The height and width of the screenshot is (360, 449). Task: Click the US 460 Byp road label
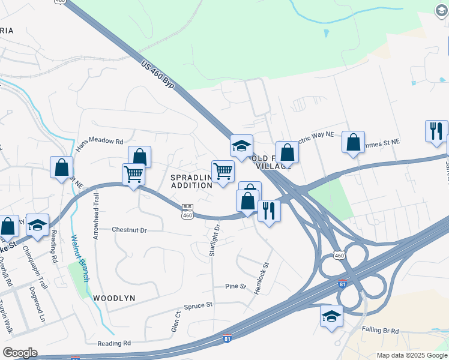point(158,74)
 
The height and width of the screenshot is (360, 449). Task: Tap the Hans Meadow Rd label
point(99,142)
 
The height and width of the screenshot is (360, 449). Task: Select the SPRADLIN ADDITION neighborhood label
point(191,182)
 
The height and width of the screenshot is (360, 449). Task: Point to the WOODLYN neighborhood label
point(114,298)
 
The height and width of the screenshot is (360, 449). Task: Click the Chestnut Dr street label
point(130,229)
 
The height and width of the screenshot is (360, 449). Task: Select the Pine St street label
point(236,286)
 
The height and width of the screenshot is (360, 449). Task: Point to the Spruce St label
point(199,305)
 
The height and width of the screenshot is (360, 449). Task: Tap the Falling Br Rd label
point(381,330)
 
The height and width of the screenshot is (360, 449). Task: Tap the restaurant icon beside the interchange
point(268,211)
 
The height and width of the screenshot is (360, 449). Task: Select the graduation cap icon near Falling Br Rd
point(331,316)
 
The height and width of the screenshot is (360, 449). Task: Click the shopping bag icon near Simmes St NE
point(354,142)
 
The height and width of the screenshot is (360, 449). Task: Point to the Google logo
point(20,353)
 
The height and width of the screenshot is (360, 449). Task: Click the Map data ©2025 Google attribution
point(412,355)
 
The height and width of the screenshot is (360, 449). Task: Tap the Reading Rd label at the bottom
point(114,343)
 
